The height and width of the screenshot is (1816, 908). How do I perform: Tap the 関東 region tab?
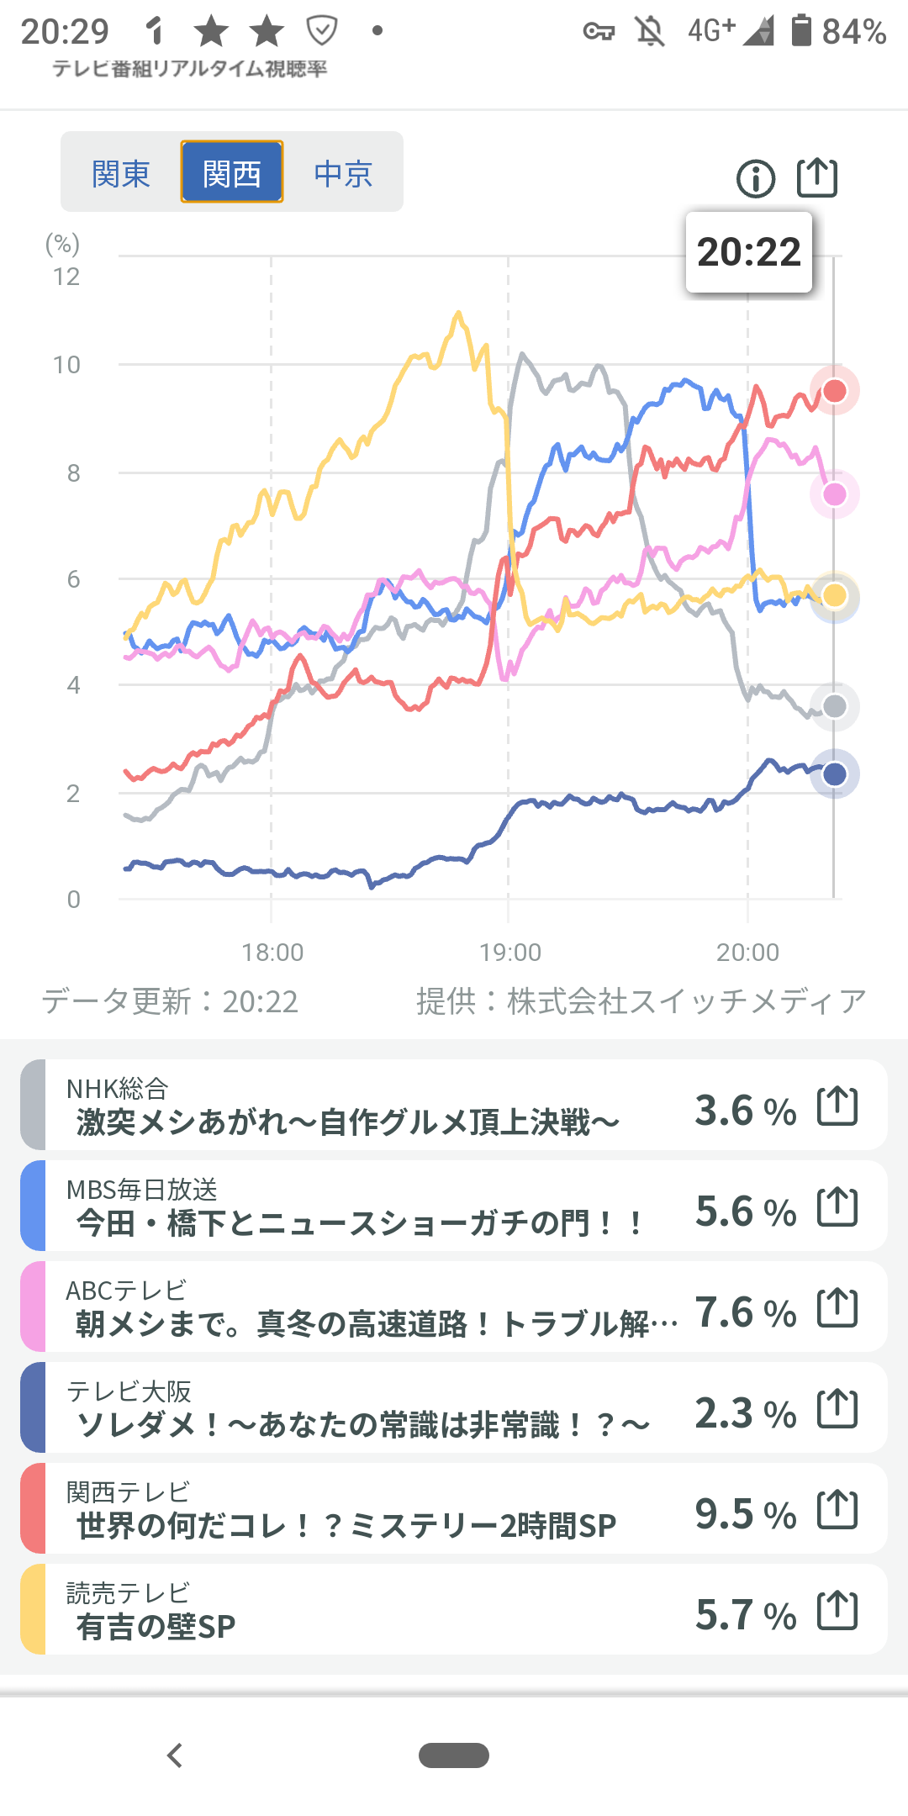120,173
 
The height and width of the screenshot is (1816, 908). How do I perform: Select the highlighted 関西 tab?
232,173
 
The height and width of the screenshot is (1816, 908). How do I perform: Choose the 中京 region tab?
343,173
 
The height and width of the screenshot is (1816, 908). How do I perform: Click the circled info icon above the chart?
756,178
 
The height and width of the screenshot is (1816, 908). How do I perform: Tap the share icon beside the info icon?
817,177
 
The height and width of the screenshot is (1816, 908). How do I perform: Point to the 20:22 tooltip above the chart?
749,252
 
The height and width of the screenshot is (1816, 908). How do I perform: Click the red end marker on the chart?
835,390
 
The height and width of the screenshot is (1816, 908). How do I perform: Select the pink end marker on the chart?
835,494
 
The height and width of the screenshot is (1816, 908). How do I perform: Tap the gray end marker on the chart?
835,706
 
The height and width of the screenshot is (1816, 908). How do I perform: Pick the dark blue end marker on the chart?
835,774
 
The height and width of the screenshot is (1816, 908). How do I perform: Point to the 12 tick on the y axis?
66,277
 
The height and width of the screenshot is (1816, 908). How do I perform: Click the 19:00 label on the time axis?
510,953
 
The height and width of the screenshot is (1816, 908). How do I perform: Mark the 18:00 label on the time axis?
272,953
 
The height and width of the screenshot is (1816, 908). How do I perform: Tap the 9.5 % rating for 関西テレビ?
745,1514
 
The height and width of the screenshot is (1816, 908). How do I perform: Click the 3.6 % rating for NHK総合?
745,1111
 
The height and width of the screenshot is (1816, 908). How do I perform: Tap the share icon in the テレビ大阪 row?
837,1408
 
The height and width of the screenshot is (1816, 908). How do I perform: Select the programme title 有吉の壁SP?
156,1627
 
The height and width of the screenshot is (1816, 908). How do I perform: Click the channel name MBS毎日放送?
142,1189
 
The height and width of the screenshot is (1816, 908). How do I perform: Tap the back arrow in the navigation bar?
175,1755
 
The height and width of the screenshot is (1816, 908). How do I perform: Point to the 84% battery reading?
853,32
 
